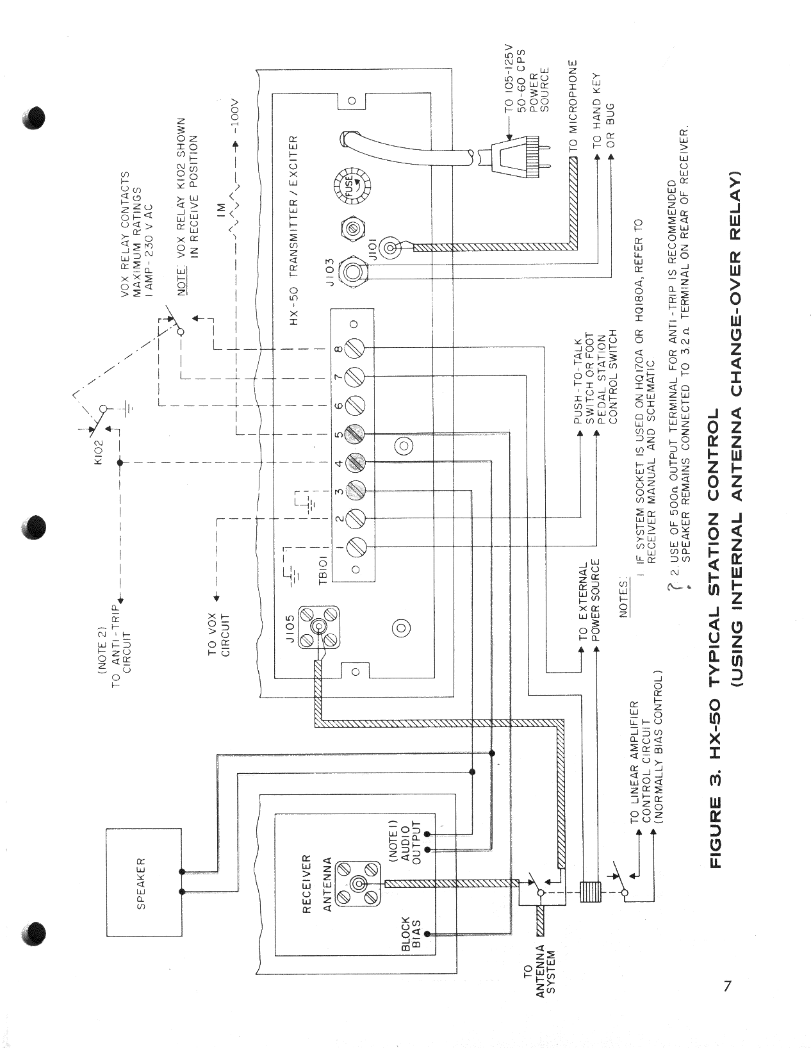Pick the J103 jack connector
click(x=351, y=271)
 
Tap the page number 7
click(x=727, y=986)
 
